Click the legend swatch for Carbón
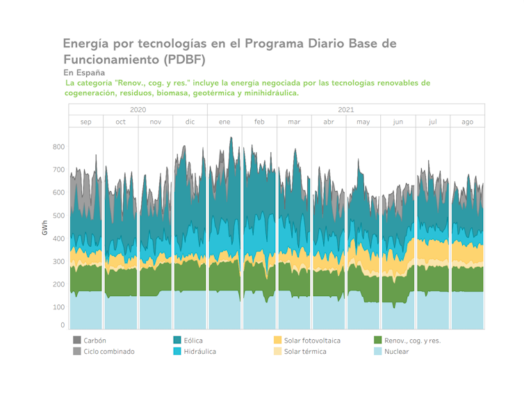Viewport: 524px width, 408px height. pos(77,341)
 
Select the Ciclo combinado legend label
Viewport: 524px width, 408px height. pos(108,352)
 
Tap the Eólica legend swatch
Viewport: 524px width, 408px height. pos(177,341)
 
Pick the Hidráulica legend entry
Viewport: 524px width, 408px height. pos(199,352)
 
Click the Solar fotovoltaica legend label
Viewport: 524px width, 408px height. pos(312,341)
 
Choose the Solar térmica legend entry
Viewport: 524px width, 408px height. pos(305,352)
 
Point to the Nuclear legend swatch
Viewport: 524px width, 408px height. pos(378,352)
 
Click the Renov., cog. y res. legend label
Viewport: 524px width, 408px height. pos(412,341)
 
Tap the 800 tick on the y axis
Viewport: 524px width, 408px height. pos(58,147)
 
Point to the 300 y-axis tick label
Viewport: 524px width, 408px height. pos(58,262)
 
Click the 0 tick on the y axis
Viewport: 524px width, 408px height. pos(62,325)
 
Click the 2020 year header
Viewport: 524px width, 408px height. pos(138,110)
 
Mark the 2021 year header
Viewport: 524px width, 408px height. pos(345,110)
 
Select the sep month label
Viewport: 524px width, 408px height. pos(85,122)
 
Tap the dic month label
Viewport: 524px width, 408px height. pos(190,122)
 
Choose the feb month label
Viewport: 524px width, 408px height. pos(259,122)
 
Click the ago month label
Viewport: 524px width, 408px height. pos(467,122)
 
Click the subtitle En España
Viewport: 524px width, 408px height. pos(84,72)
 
